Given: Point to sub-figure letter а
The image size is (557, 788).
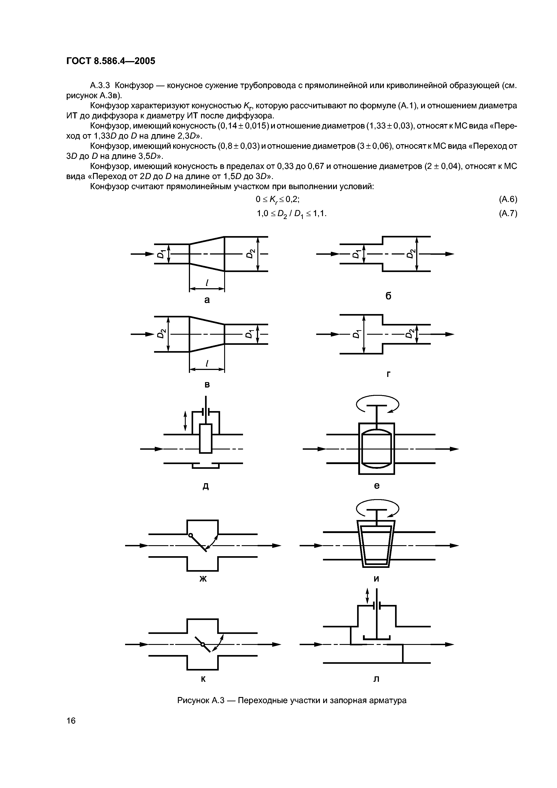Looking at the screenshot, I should coord(207,300).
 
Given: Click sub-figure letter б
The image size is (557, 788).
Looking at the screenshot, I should coord(388,296).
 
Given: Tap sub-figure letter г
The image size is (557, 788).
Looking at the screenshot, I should coord(388,374).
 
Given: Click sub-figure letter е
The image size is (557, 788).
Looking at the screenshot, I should coord(376,486).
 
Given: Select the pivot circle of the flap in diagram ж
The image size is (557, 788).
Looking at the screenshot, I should coord(190,535).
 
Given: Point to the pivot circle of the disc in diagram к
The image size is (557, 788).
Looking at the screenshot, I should coord(203,644).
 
